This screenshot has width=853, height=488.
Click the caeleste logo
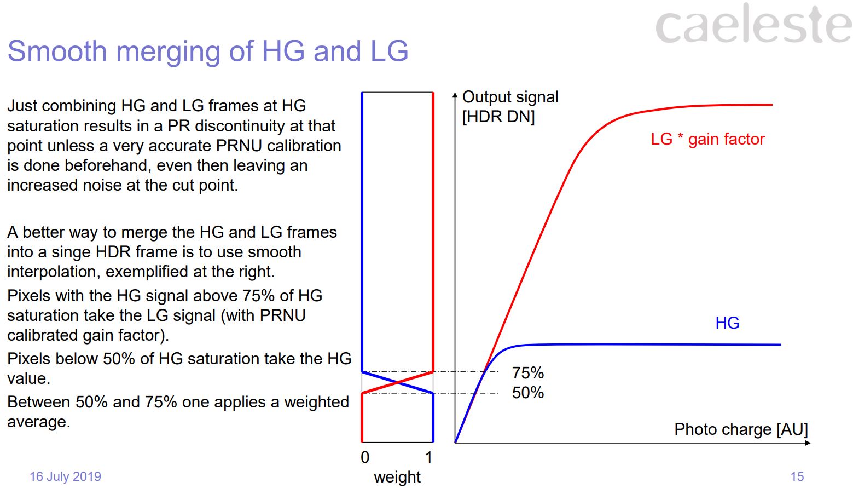(x=753, y=25)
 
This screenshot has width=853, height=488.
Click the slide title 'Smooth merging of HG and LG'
(x=208, y=51)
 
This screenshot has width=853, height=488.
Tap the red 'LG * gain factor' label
(x=707, y=139)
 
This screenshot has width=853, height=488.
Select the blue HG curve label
(x=727, y=323)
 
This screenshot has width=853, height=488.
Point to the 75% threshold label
(x=527, y=373)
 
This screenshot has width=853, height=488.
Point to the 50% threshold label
(x=527, y=393)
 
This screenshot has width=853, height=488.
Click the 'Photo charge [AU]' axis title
(x=740, y=429)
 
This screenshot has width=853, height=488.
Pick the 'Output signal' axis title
(x=510, y=97)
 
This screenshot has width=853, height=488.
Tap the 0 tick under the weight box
(x=365, y=457)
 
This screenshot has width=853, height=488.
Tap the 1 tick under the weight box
(x=428, y=457)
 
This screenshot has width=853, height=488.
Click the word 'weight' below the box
(x=397, y=477)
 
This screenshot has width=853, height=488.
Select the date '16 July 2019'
(x=65, y=476)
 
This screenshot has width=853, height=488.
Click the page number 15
(x=797, y=476)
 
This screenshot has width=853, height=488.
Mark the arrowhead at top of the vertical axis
(x=455, y=95)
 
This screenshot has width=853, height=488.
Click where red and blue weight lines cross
(x=398, y=382)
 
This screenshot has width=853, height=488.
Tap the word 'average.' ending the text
(x=38, y=422)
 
